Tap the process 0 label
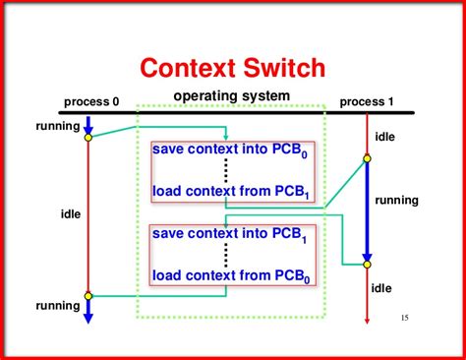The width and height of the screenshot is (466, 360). tap(91, 101)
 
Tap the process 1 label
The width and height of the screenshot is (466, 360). tap(368, 101)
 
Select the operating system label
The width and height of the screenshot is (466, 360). tap(232, 95)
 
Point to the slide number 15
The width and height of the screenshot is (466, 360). tap(406, 318)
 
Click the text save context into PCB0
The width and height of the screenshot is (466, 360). tap(232, 150)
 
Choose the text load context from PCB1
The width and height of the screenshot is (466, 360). tap(232, 191)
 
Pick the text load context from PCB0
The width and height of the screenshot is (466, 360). tap(232, 276)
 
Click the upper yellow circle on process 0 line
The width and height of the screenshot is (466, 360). tap(87, 137)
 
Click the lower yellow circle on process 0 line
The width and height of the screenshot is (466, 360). tap(87, 295)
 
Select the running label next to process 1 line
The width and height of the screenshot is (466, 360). tap(396, 200)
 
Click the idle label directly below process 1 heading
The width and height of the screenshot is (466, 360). tap(384, 137)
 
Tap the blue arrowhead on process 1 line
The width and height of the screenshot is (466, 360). tap(367, 262)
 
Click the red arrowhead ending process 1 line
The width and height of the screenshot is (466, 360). tap(367, 317)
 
